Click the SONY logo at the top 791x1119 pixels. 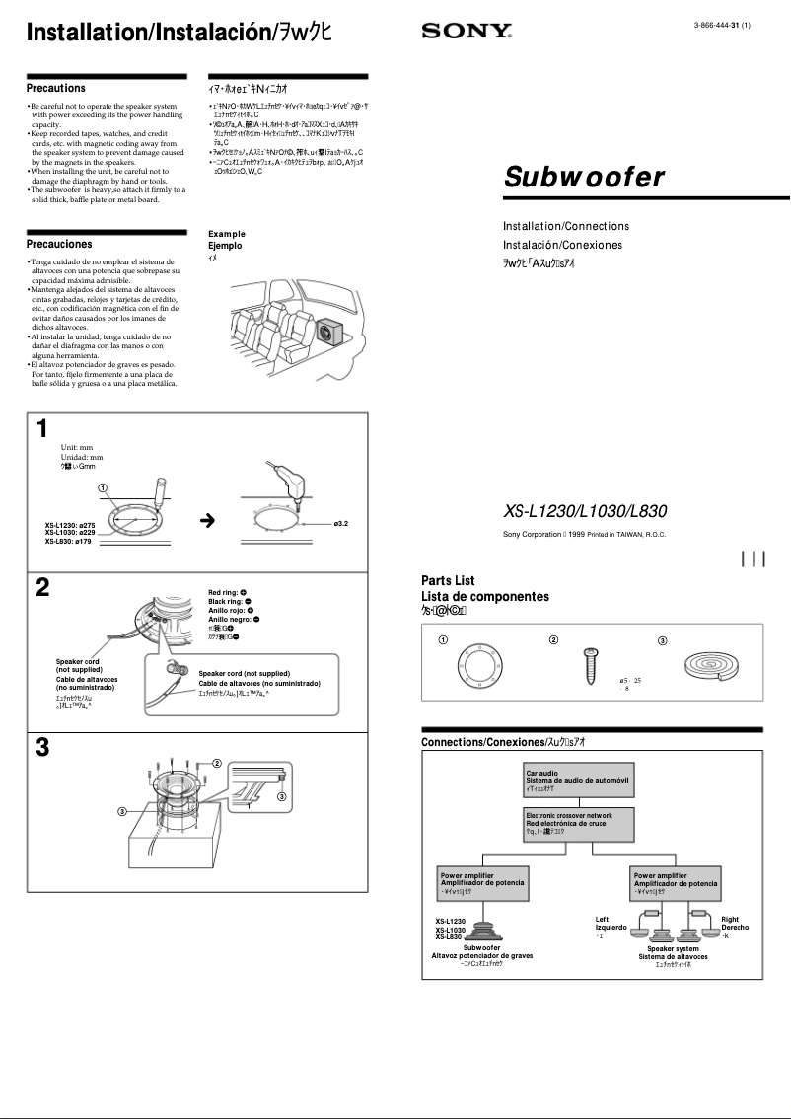[465, 32]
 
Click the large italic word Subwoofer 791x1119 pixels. [570, 178]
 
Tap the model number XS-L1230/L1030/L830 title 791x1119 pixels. [585, 511]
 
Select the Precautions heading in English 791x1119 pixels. [56, 88]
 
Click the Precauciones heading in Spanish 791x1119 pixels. [59, 244]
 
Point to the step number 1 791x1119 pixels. [41, 428]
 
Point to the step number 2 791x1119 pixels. [42, 588]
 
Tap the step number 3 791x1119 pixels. [42, 747]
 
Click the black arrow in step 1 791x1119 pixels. [207, 520]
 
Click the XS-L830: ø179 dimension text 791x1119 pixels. [69, 541]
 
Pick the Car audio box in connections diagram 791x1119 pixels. [577, 782]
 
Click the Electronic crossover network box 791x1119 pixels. [577, 823]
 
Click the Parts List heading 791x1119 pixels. [448, 581]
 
